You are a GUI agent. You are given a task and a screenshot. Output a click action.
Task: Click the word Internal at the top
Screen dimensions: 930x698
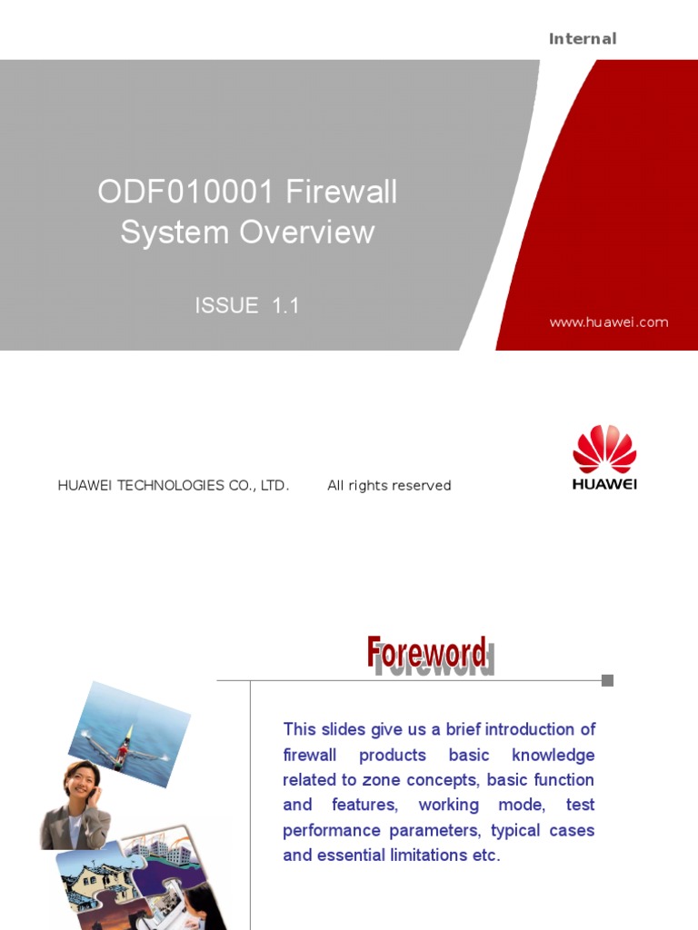pos(583,38)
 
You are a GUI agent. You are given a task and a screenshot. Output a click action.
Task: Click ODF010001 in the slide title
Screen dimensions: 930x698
pos(186,193)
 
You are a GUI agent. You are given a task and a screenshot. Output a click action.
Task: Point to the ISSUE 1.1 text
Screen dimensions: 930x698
pos(247,306)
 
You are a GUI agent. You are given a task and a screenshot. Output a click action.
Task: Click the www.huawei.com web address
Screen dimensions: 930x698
pos(609,322)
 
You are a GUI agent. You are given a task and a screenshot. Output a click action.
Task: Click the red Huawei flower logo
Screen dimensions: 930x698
pos(604,449)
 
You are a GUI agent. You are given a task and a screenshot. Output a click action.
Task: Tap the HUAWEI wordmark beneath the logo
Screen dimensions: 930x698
pos(604,484)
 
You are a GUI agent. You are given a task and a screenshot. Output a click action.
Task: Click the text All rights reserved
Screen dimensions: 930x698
pos(389,486)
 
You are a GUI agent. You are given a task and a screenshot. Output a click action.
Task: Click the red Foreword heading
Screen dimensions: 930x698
pos(426,653)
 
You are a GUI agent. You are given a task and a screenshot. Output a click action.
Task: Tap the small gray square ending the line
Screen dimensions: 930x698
pos(607,680)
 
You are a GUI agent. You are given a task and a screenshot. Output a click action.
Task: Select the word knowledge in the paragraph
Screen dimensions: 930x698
pos(553,755)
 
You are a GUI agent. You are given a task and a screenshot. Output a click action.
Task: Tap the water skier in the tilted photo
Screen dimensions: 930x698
pos(125,747)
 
